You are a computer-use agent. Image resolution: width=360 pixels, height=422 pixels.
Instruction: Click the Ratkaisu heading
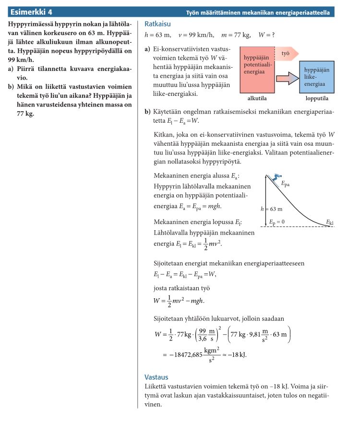click(x=157, y=24)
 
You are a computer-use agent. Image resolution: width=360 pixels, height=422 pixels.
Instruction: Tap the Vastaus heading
click(x=156, y=377)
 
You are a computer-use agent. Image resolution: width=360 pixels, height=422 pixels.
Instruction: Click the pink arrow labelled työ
click(x=287, y=53)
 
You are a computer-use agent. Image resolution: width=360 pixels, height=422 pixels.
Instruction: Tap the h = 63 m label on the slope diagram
click(x=272, y=209)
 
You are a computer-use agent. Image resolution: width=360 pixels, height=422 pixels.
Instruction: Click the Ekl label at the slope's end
click(x=329, y=223)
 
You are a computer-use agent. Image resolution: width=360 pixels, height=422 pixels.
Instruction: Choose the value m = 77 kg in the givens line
click(x=234, y=35)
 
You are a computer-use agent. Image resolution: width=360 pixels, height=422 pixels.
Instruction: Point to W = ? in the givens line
click(x=266, y=35)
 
